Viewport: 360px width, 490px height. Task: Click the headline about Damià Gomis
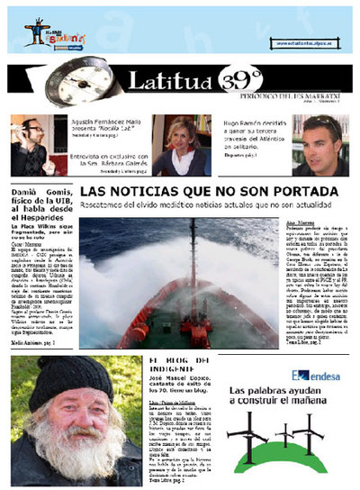39,210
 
